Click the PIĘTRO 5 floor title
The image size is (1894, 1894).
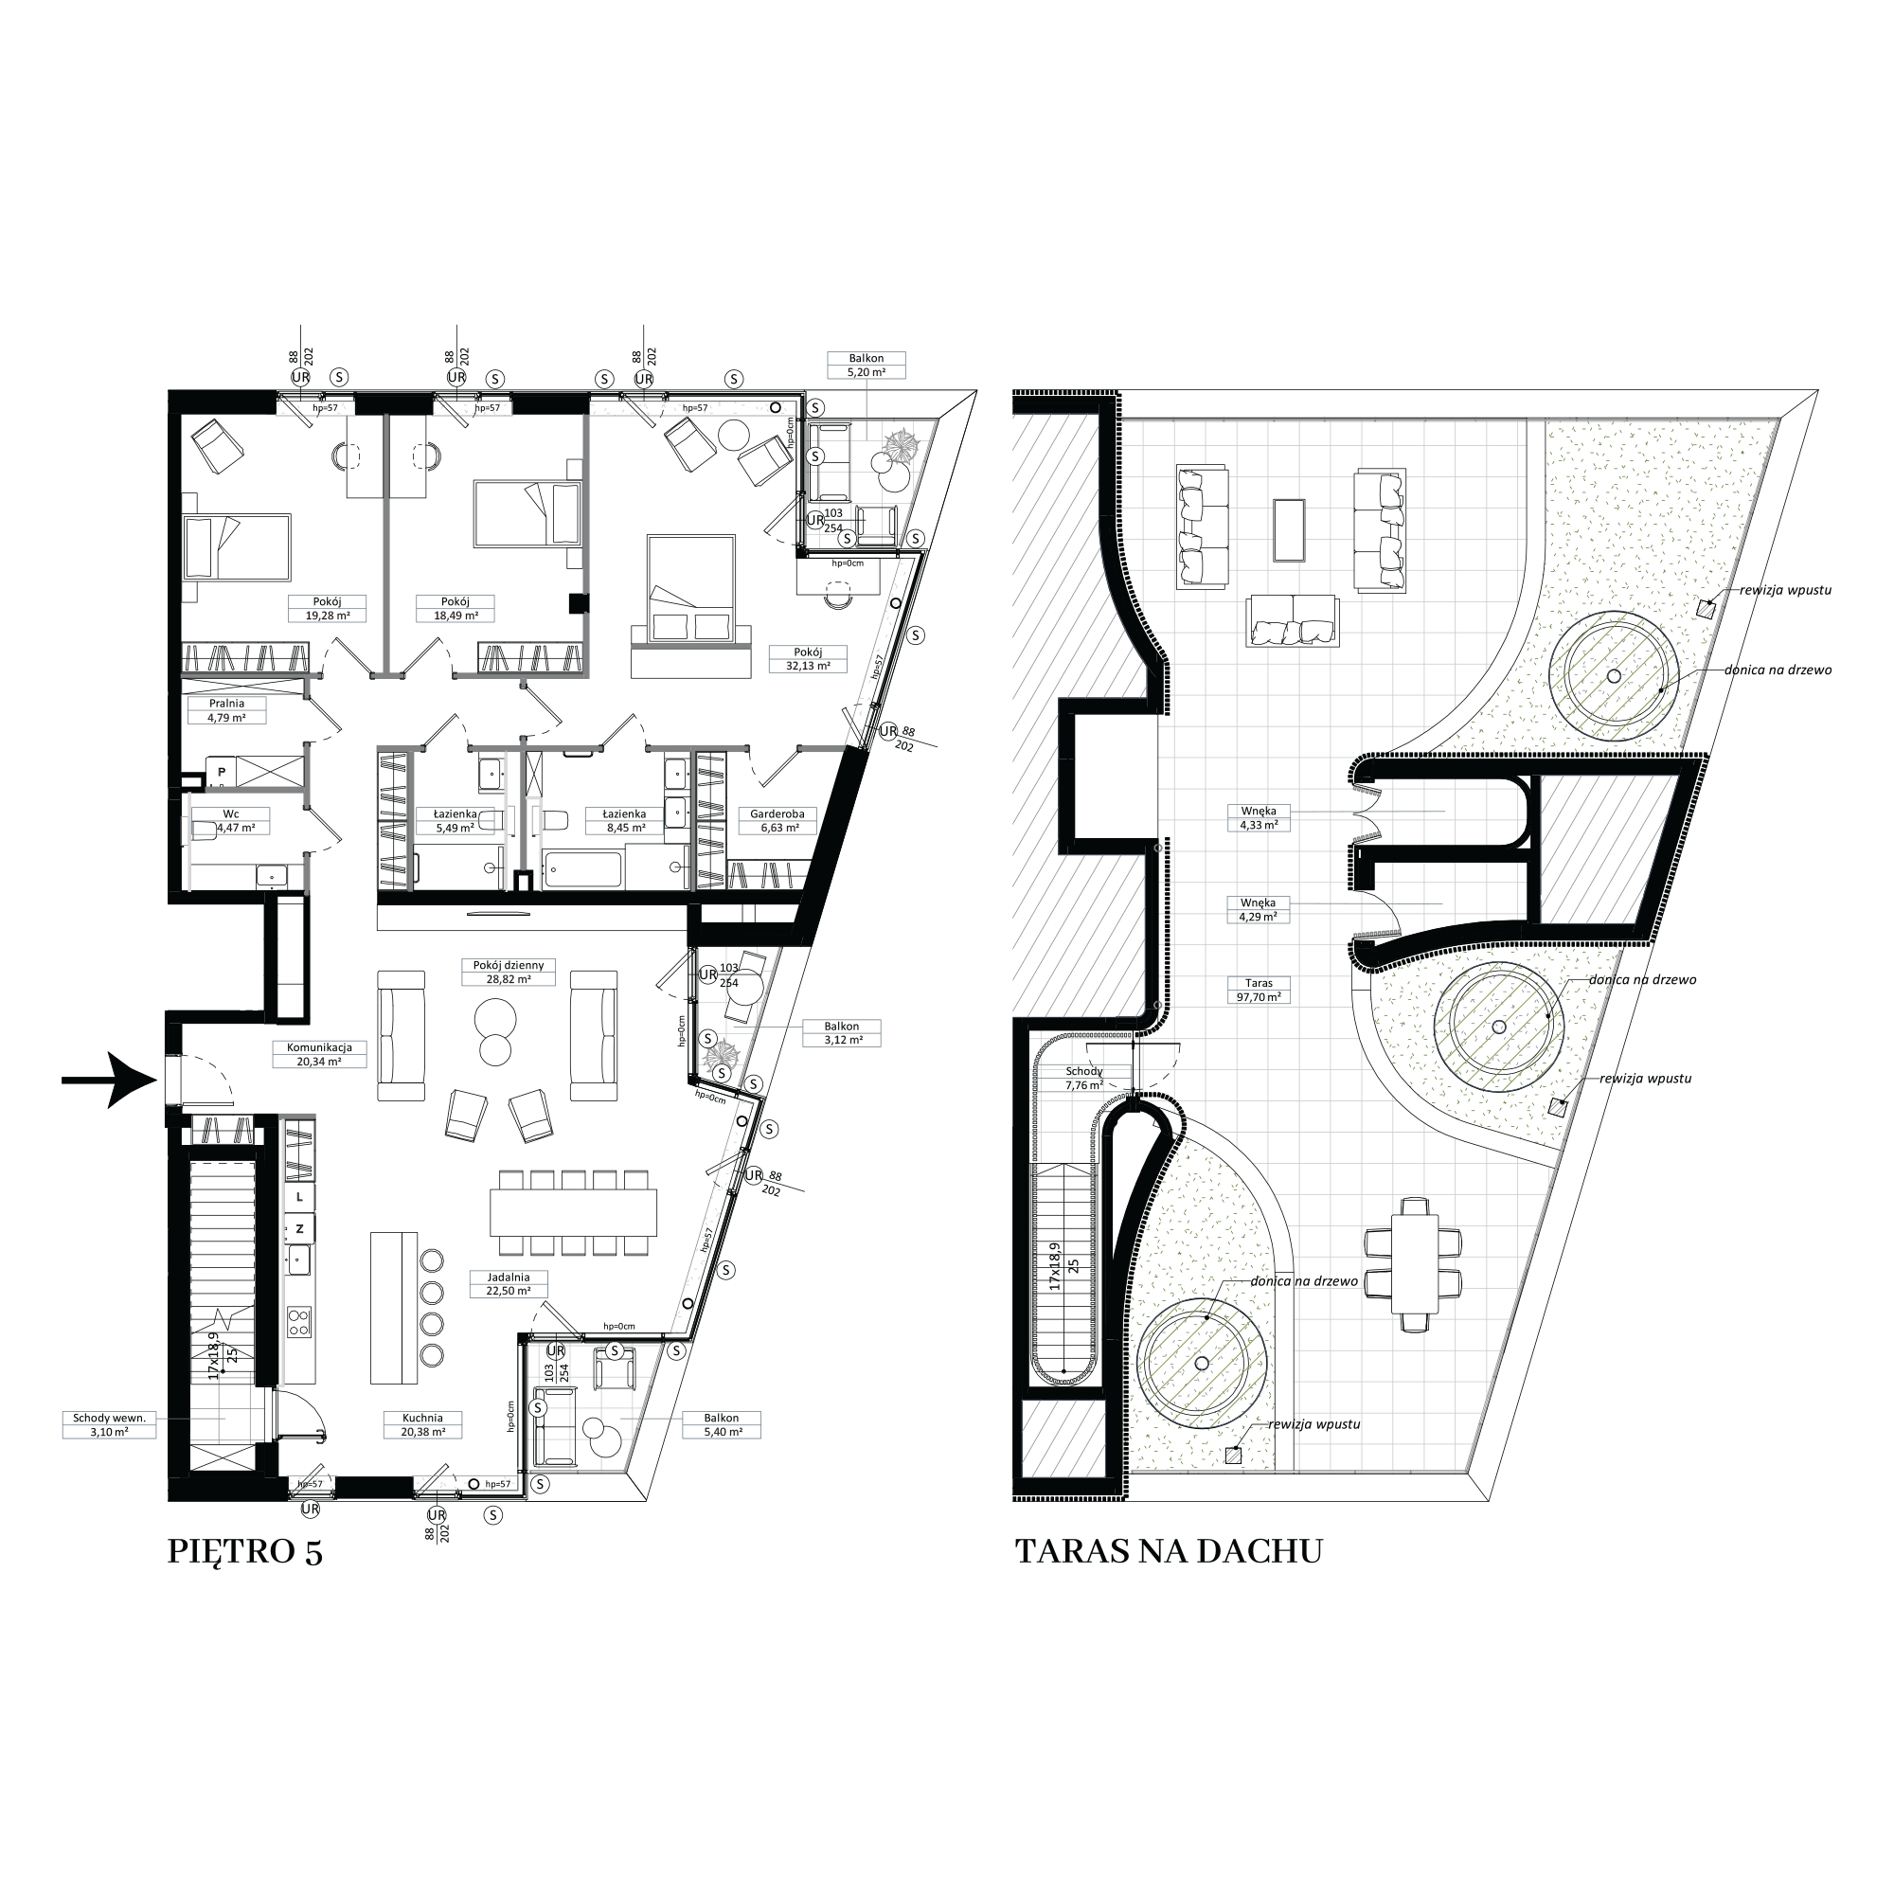[245, 1552]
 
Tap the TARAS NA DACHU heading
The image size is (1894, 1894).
[1169, 1551]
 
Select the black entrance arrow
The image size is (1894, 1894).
[109, 1081]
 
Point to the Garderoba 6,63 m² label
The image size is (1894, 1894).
[777, 820]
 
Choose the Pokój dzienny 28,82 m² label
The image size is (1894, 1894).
[508, 973]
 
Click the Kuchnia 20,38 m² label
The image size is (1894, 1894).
[422, 1424]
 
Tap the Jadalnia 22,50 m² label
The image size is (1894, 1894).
[508, 1284]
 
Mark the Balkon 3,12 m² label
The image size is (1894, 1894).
[841, 1033]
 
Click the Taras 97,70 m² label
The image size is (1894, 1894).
[1259, 990]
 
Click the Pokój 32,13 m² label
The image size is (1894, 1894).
[808, 659]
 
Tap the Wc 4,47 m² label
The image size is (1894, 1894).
[230, 820]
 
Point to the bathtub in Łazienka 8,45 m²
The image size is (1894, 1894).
[583, 869]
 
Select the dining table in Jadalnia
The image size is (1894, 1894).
[574, 1212]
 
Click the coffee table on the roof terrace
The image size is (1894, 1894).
[1289, 530]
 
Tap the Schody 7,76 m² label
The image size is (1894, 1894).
[1084, 1078]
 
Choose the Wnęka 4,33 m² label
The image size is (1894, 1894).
[1259, 817]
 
